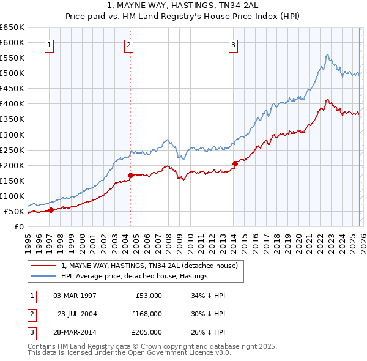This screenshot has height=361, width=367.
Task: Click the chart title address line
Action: (x=183, y=6)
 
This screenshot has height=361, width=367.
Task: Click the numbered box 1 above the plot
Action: (x=49, y=44)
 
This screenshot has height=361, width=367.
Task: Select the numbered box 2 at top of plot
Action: (x=129, y=44)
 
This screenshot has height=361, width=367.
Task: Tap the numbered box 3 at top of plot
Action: (x=234, y=44)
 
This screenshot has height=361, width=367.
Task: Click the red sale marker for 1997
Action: (x=51, y=210)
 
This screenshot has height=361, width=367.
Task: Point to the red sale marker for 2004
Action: (x=130, y=175)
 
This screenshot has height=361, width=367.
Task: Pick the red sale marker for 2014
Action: (x=235, y=163)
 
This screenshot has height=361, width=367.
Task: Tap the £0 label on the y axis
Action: (x=19, y=226)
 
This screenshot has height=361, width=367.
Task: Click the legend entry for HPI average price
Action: (x=135, y=276)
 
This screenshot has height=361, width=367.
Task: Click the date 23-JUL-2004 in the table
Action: (x=77, y=313)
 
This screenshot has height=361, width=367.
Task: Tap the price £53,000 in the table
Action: (x=147, y=296)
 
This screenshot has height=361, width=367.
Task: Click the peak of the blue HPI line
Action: (x=328, y=54)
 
